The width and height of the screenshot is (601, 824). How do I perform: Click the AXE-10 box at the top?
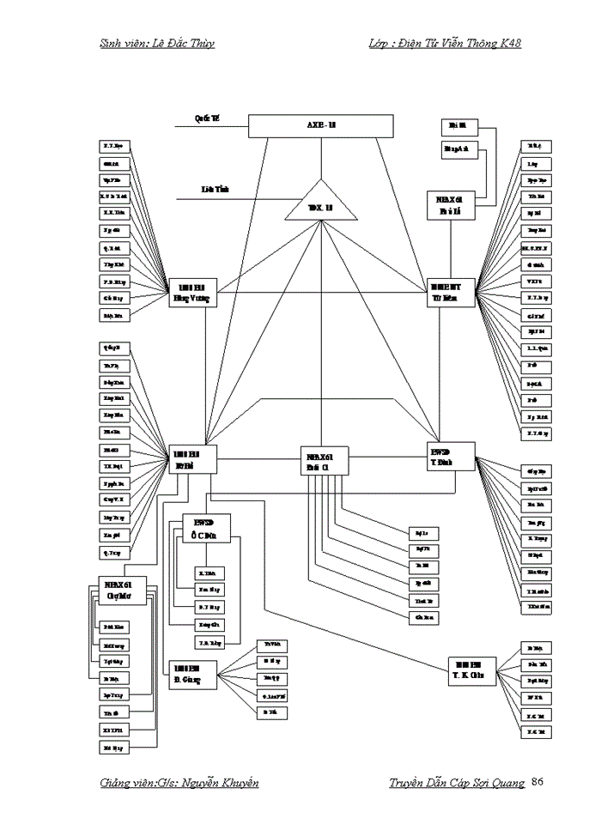pos(321,126)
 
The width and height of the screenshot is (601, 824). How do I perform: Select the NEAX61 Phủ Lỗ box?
pos(451,203)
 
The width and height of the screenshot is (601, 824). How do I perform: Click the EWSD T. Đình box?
pos(451,456)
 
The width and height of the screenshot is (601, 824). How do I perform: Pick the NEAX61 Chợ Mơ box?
pos(112,591)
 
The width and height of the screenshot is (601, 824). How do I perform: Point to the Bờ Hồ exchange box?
pos(193,458)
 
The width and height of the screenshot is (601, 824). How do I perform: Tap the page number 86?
pos(538,782)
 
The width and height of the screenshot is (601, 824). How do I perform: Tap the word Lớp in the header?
pos(379,44)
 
